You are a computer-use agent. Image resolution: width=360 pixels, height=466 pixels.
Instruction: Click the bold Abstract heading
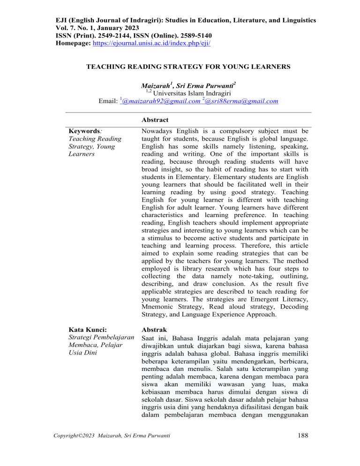[x=156, y=120]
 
